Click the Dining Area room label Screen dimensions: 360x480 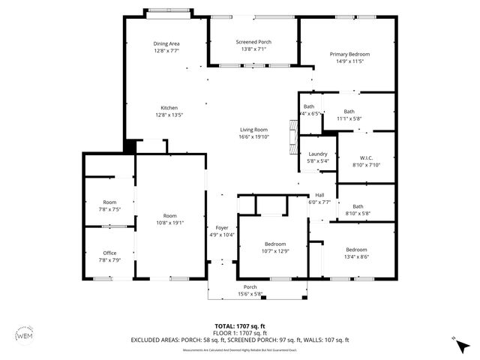(x=166, y=43)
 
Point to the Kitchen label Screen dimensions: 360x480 (x=169, y=108)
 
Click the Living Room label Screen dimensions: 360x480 (x=253, y=129)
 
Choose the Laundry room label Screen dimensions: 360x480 (x=318, y=154)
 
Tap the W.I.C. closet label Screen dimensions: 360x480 (x=366, y=157)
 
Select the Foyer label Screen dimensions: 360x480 (x=222, y=227)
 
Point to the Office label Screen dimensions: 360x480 (x=109, y=253)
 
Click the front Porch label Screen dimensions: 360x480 (x=250, y=287)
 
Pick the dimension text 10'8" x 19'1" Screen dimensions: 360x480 (x=170, y=223)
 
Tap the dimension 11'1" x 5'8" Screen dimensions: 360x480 (x=349, y=118)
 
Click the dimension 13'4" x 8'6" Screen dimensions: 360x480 (x=356, y=256)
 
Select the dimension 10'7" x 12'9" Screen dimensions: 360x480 (x=274, y=251)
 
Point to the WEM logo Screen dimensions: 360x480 (x=25, y=334)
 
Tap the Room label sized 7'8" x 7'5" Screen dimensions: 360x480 (x=110, y=202)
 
